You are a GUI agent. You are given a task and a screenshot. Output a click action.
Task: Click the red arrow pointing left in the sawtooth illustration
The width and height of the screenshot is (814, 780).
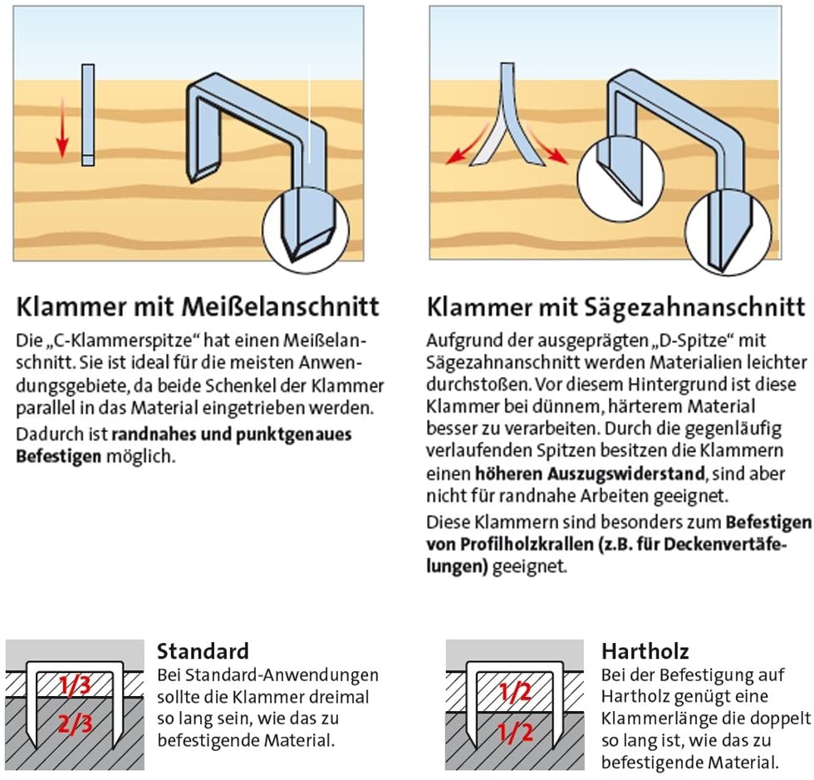466,144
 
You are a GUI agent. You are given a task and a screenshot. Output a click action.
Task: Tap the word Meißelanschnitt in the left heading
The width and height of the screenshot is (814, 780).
280,307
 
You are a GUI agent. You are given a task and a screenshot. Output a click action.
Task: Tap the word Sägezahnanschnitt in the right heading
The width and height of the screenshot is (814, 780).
694,307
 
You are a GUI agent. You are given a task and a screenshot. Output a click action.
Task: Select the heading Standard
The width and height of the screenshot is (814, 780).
203,651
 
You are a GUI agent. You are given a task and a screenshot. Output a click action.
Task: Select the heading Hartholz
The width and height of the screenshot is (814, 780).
645,651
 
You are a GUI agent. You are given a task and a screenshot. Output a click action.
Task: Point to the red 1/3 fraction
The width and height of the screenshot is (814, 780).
76,685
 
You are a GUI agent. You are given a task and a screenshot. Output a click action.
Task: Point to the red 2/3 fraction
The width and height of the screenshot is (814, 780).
76,724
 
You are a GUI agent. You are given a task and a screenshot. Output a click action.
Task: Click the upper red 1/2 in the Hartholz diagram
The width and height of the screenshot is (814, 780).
516,692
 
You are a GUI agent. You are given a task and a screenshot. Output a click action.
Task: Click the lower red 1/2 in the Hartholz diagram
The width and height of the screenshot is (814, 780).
516,732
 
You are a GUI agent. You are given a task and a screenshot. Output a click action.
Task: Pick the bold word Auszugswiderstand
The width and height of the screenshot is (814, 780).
590,473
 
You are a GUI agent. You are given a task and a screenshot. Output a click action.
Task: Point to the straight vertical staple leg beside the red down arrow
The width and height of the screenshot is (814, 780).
88,115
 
